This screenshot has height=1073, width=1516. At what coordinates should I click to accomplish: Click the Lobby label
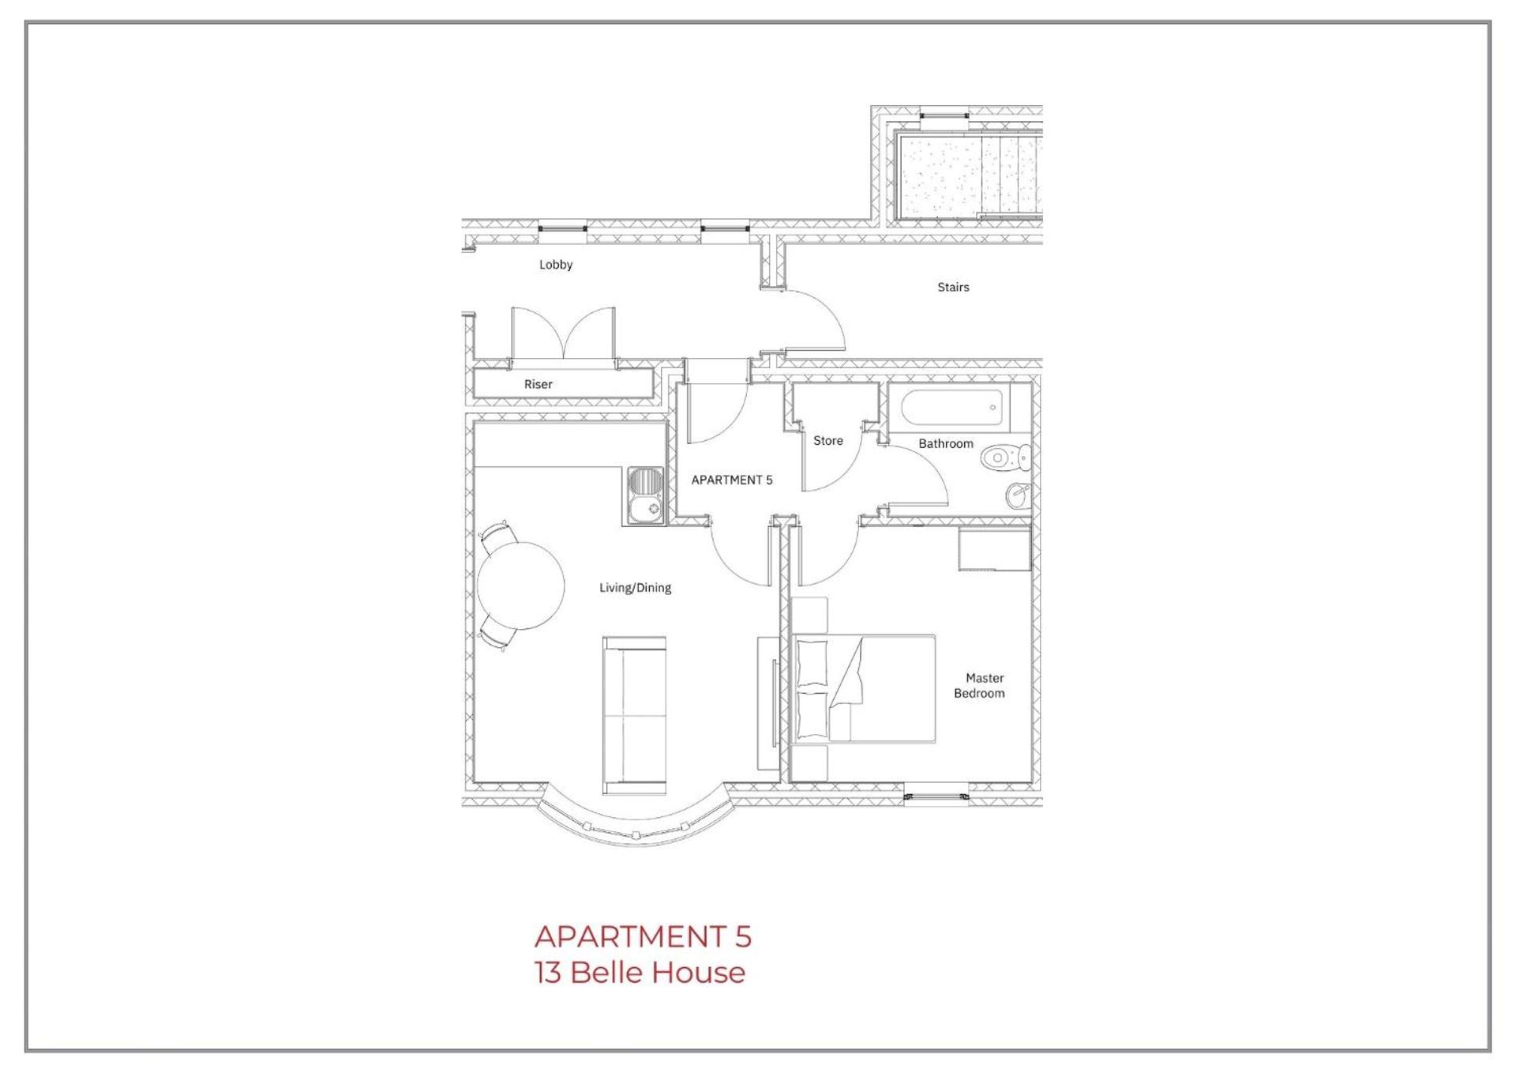point(555,265)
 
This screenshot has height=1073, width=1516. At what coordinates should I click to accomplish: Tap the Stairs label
point(952,287)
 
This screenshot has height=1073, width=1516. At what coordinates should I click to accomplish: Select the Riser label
point(538,384)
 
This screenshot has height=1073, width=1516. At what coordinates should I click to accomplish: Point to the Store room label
point(827,441)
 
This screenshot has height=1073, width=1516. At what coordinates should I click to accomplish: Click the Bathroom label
point(945,444)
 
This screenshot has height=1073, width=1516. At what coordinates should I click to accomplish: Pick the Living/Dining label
point(635,588)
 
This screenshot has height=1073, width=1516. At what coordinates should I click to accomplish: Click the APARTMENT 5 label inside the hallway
point(731,480)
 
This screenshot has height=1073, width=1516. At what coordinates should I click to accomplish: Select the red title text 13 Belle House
point(640,973)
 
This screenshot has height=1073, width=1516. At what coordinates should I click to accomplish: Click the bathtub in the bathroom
point(951,408)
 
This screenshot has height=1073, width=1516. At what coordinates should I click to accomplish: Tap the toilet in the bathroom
point(1006,457)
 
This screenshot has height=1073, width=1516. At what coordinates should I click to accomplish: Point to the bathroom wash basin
point(1018,495)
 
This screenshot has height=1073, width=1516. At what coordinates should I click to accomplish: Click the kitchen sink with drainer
point(646,496)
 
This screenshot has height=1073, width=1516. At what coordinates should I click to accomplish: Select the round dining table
point(520,585)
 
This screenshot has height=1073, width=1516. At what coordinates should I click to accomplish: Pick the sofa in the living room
point(634,715)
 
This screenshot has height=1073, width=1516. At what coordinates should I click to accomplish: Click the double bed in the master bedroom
point(864,688)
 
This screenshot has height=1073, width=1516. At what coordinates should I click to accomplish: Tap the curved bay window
point(636,826)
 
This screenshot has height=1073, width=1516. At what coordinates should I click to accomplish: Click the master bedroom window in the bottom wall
point(936,796)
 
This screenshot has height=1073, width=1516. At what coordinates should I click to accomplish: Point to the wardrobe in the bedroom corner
point(994,549)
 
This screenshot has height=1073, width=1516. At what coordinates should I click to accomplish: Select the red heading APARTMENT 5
point(643,936)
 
